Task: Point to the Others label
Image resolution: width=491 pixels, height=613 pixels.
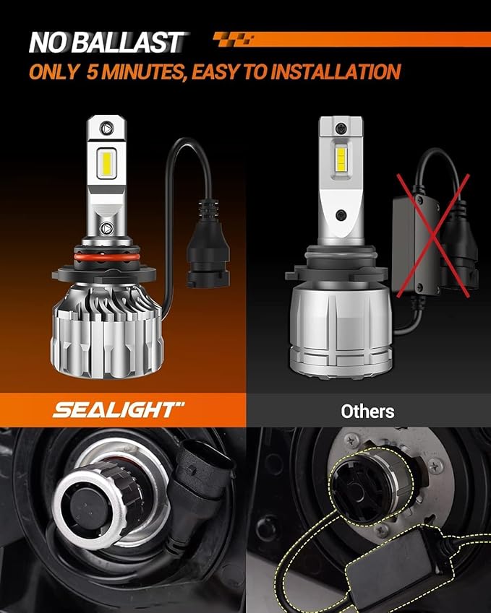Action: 367,412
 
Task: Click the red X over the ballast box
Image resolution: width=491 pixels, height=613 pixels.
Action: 430,231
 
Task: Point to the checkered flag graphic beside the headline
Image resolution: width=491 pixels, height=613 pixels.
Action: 233,38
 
